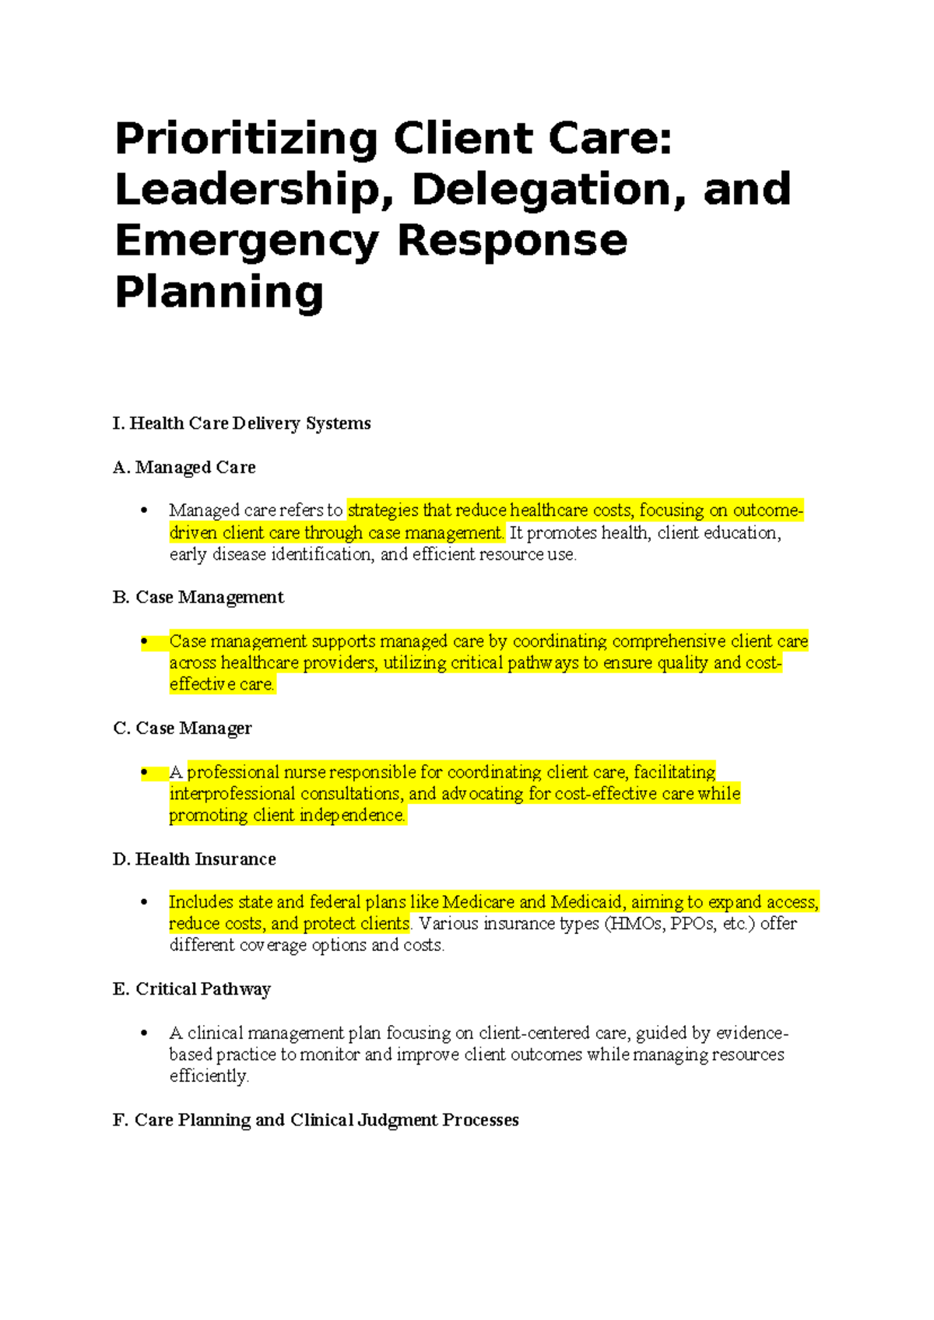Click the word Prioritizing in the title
(246, 140)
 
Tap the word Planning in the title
(219, 293)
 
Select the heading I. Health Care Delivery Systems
(241, 423)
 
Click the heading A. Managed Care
(184, 468)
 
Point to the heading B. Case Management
(198, 598)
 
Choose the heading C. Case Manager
(183, 728)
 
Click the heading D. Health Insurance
(195, 859)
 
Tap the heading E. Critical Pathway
(192, 989)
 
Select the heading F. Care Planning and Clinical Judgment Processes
(316, 1120)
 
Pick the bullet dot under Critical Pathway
(144, 1034)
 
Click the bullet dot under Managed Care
(144, 511)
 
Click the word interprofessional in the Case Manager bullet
(232, 794)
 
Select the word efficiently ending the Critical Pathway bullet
(209, 1076)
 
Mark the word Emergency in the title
(248, 241)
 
